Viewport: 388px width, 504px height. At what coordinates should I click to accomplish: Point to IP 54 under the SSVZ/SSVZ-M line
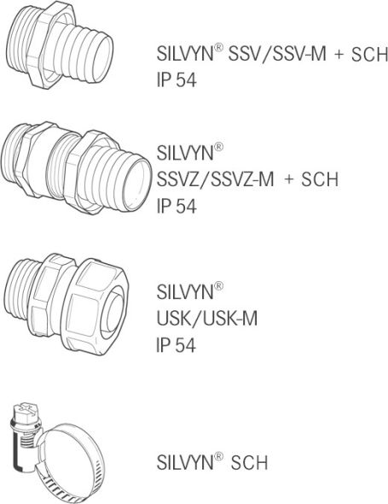[x=177, y=208]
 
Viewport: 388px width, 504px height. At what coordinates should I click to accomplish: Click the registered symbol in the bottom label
[x=219, y=457]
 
